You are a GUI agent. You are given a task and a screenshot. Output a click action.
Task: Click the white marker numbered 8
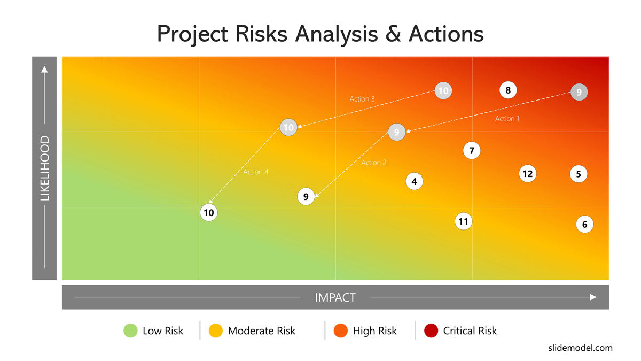(508, 90)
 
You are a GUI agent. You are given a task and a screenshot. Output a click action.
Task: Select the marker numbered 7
(472, 150)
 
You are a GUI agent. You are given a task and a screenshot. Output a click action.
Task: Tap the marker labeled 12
(528, 174)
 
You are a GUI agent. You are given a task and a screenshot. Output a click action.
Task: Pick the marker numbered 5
(579, 174)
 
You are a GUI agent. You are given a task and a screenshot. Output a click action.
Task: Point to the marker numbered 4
(414, 181)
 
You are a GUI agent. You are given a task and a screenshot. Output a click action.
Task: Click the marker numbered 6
(584, 224)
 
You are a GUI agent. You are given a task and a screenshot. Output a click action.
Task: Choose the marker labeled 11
(463, 221)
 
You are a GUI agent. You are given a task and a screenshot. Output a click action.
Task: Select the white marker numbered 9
(306, 197)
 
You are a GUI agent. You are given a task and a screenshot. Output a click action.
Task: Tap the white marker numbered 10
(209, 213)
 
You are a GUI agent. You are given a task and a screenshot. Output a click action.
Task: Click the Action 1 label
(507, 119)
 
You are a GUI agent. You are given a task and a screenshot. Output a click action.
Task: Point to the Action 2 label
(374, 163)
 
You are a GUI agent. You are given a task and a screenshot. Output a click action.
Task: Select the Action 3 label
(362, 99)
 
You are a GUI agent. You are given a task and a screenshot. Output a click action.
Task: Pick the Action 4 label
(255, 172)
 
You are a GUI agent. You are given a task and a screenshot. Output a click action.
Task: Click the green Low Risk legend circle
(130, 331)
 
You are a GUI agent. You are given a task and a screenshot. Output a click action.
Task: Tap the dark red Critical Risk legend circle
(431, 331)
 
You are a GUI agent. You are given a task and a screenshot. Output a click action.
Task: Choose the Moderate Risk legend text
(261, 331)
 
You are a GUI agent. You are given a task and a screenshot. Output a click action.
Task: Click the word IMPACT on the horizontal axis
(335, 298)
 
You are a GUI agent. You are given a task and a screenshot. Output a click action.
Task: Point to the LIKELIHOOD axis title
(45, 168)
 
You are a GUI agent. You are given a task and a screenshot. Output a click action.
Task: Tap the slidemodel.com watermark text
(580, 348)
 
